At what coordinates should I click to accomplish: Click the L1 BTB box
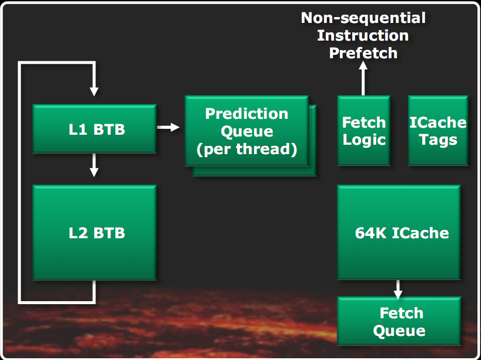(x=94, y=129)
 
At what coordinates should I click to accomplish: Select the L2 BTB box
(x=94, y=233)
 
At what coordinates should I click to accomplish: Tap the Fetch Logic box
(x=363, y=131)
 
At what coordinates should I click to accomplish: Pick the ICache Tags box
(x=438, y=131)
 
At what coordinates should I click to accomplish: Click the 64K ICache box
(x=399, y=232)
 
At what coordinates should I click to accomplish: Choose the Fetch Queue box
(x=399, y=321)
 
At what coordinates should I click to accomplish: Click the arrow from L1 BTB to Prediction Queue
(x=168, y=127)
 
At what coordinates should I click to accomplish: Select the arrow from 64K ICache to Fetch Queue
(x=398, y=288)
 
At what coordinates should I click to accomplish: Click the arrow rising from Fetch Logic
(x=363, y=79)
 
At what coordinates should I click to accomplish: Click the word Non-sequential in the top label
(x=363, y=18)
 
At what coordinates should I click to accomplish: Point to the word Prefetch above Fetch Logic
(x=363, y=53)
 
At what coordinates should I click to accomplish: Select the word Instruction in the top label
(x=363, y=35)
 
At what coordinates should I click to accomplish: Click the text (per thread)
(x=246, y=148)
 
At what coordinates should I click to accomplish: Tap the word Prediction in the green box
(x=246, y=114)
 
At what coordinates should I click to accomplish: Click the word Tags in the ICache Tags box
(x=438, y=140)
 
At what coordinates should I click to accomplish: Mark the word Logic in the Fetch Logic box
(x=364, y=140)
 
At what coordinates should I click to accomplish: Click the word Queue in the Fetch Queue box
(x=399, y=330)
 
